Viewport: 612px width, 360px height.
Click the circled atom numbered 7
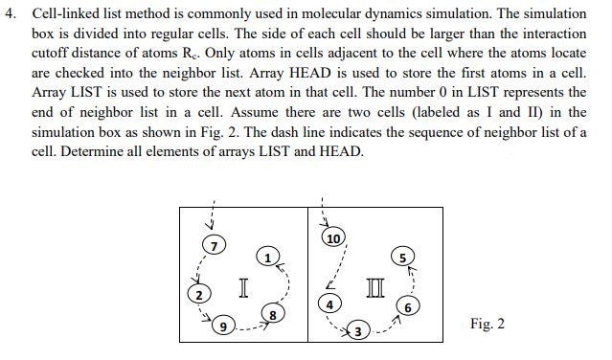tap(215, 247)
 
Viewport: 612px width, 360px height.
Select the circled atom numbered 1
tap(270, 257)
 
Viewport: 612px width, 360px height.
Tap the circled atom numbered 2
tap(199, 294)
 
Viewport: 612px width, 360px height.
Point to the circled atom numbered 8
tap(274, 314)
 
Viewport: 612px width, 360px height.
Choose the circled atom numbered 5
tap(403, 257)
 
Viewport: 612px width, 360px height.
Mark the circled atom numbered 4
tap(329, 304)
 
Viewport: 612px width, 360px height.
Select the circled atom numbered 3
tap(356, 331)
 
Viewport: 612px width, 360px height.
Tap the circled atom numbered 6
tap(409, 307)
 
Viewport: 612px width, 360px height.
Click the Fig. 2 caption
tap(487, 324)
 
